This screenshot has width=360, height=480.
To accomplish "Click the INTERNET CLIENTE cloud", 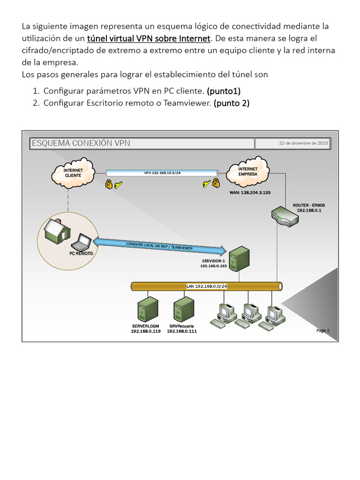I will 73,172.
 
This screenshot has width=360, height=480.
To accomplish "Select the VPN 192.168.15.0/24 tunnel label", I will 162,173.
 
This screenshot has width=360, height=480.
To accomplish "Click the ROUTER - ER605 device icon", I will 285,217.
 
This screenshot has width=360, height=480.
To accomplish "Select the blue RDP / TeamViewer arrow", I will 159,246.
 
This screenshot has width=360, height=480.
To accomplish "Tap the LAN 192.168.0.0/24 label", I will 207,286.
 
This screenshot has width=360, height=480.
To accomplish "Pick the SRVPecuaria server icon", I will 183,309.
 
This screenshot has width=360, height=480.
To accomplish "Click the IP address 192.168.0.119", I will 145,331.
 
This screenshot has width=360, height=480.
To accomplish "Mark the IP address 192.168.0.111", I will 182,331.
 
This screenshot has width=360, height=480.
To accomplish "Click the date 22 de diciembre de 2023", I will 303,143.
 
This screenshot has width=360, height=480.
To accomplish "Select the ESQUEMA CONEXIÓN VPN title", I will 81,143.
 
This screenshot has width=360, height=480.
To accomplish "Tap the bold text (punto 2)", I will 232,103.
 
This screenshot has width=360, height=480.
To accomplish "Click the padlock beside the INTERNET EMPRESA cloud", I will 216,183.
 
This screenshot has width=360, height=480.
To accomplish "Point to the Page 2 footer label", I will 323,330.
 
